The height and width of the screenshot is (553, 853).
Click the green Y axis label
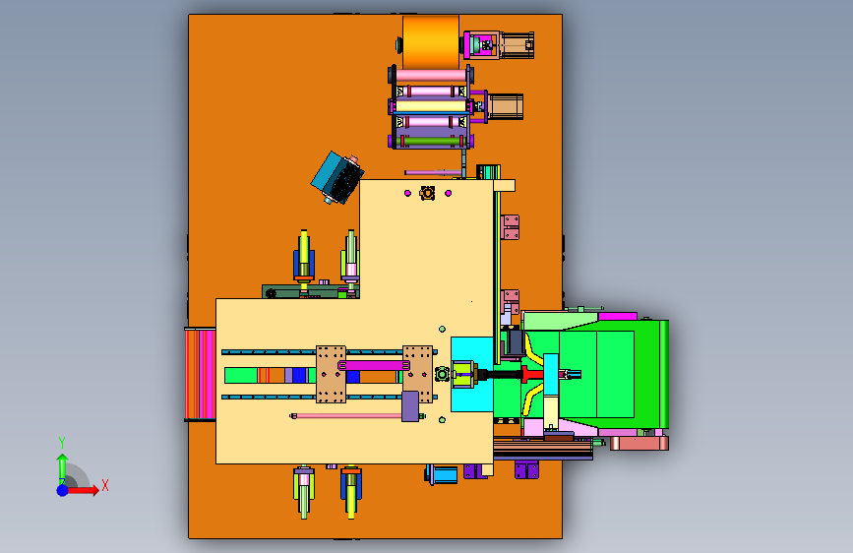tap(62, 442)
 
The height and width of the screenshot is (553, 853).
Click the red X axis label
tap(105, 485)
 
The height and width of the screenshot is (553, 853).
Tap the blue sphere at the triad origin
tap(63, 490)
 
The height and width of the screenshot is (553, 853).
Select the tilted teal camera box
tap(337, 177)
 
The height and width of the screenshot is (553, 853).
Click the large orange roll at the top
tap(431, 41)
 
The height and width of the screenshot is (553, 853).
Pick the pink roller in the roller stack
tap(431, 76)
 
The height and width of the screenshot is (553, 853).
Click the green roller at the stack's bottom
tap(430, 142)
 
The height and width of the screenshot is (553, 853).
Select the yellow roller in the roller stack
tap(431, 105)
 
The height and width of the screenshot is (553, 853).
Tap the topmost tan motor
tap(517, 44)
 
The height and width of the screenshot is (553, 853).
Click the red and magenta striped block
tap(200, 374)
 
